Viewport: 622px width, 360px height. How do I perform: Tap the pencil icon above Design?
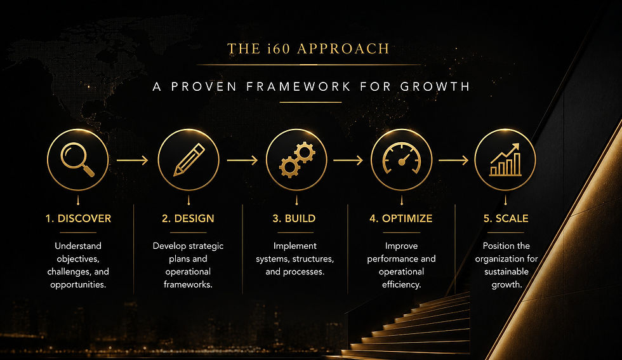pyautogui.click(x=189, y=159)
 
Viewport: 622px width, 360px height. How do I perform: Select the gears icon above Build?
pyautogui.click(x=297, y=159)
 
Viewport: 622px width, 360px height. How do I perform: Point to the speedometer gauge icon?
pyautogui.click(x=401, y=158)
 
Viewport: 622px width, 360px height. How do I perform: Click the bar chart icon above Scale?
pyautogui.click(x=505, y=159)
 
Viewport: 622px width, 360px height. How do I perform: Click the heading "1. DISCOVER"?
pyautogui.click(x=78, y=218)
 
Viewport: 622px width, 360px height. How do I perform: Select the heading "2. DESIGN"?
pyautogui.click(x=188, y=218)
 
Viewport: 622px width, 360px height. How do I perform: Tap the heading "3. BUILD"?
pyautogui.click(x=294, y=218)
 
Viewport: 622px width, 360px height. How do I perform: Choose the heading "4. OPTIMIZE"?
pyautogui.click(x=401, y=218)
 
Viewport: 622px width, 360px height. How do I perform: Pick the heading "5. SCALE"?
pyautogui.click(x=506, y=218)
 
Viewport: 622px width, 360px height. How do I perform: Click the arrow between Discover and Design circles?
pyautogui.click(x=132, y=161)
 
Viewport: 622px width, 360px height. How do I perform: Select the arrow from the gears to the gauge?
pyautogui.click(x=348, y=161)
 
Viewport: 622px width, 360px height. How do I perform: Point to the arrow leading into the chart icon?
pyautogui.click(x=453, y=161)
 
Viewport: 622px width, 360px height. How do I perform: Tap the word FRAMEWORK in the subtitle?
pyautogui.click(x=298, y=86)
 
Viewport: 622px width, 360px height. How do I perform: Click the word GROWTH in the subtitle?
pyautogui.click(x=435, y=86)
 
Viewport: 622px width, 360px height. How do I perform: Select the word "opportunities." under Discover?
pyautogui.click(x=78, y=285)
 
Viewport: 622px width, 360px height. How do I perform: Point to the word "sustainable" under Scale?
pyautogui.click(x=506, y=272)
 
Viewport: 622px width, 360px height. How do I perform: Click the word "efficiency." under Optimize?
pyautogui.click(x=401, y=284)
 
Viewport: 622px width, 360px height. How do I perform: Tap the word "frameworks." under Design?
pyautogui.click(x=188, y=284)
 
